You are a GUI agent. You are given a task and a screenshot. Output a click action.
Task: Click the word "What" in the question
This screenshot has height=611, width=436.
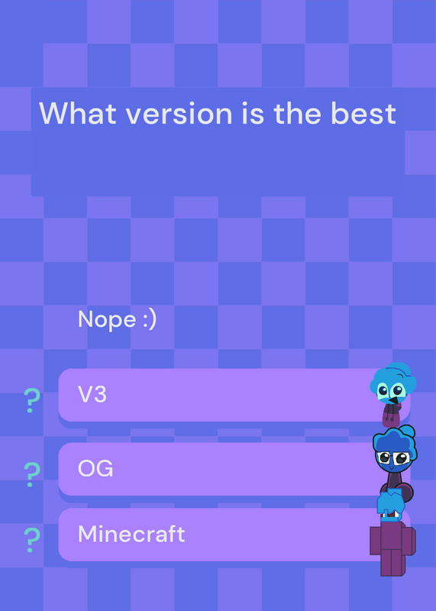pos(78,113)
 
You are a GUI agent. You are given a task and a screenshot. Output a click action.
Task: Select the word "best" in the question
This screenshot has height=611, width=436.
pos(363,113)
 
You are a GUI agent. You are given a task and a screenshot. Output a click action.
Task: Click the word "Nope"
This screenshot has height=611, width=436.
pos(107,320)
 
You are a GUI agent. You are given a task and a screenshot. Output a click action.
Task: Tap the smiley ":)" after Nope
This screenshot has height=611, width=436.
pos(149,320)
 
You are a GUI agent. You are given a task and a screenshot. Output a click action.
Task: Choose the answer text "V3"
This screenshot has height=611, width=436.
pos(92,394)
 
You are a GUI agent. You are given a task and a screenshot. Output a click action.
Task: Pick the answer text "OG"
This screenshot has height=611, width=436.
pos(95,468)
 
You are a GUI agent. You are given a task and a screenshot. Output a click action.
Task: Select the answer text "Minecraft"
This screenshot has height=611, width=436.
pos(131,534)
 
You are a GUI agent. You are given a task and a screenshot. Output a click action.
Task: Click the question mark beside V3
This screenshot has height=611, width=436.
pos(32,400)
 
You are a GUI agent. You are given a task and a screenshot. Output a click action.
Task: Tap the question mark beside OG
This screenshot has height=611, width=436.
pos(32,474)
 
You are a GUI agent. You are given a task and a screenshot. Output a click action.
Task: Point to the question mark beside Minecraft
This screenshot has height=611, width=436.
pos(32,540)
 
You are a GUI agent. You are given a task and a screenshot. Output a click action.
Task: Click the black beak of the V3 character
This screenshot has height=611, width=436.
pos(395,400)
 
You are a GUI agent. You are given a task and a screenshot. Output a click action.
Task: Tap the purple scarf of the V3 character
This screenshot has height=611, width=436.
pos(392,415)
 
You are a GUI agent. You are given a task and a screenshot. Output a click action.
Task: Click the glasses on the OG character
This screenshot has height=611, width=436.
pos(392,457)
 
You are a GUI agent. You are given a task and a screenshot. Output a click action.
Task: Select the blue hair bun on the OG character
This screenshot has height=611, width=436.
pos(408,432)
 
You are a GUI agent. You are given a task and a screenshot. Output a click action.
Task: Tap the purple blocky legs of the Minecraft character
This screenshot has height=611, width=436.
pos(392,562)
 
